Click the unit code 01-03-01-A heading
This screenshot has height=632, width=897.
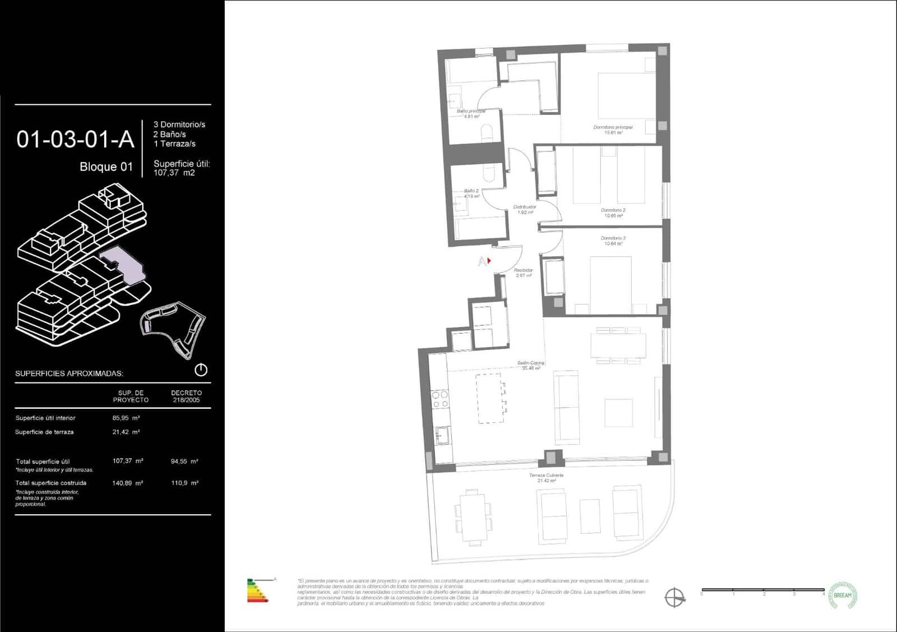pyautogui.click(x=76, y=140)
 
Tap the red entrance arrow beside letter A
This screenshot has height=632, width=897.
pyautogui.click(x=489, y=261)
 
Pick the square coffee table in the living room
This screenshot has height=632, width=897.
pyautogui.click(x=618, y=413)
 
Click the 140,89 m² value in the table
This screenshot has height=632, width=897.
pyautogui.click(x=127, y=483)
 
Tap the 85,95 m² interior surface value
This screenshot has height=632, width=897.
pyautogui.click(x=126, y=418)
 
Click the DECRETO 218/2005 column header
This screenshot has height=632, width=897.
pyautogui.click(x=186, y=396)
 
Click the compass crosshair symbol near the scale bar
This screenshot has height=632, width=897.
pyautogui.click(x=674, y=597)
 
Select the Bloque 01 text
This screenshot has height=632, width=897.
pyautogui.click(x=106, y=167)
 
